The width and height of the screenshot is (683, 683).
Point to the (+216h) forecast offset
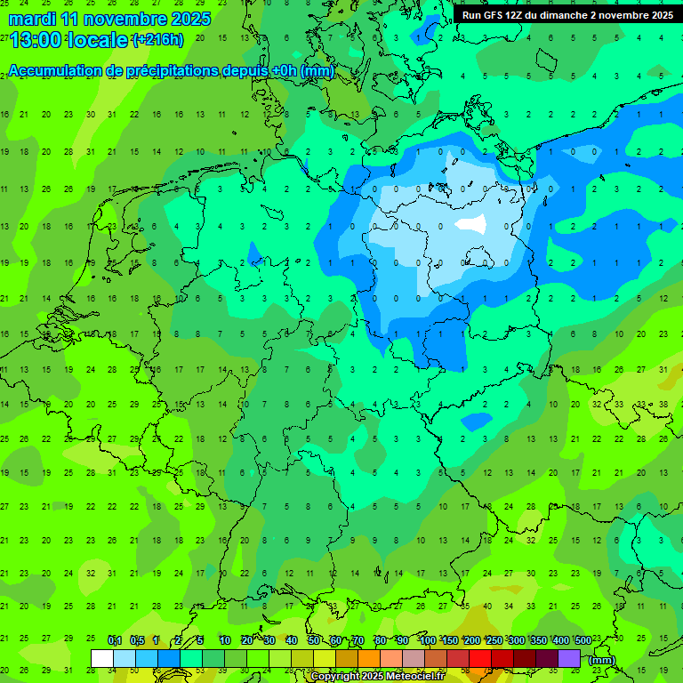[157, 40]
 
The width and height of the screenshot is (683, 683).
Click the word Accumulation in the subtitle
[60, 71]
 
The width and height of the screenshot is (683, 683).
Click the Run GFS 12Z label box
[567, 15]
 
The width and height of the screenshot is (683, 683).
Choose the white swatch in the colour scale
[102, 658]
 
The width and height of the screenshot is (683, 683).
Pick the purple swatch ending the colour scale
[569, 658]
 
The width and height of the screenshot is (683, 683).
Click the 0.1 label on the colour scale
[115, 641]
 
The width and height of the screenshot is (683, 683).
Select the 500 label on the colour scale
[583, 641]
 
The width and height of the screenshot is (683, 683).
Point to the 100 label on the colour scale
[428, 641]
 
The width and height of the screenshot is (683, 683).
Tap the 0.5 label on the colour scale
[137, 641]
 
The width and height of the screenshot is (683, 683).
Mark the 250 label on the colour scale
[494, 641]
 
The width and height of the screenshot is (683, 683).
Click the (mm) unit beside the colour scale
[602, 660]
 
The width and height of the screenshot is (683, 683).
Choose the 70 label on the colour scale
[358, 641]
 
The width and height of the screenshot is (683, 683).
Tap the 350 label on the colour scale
[539, 641]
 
